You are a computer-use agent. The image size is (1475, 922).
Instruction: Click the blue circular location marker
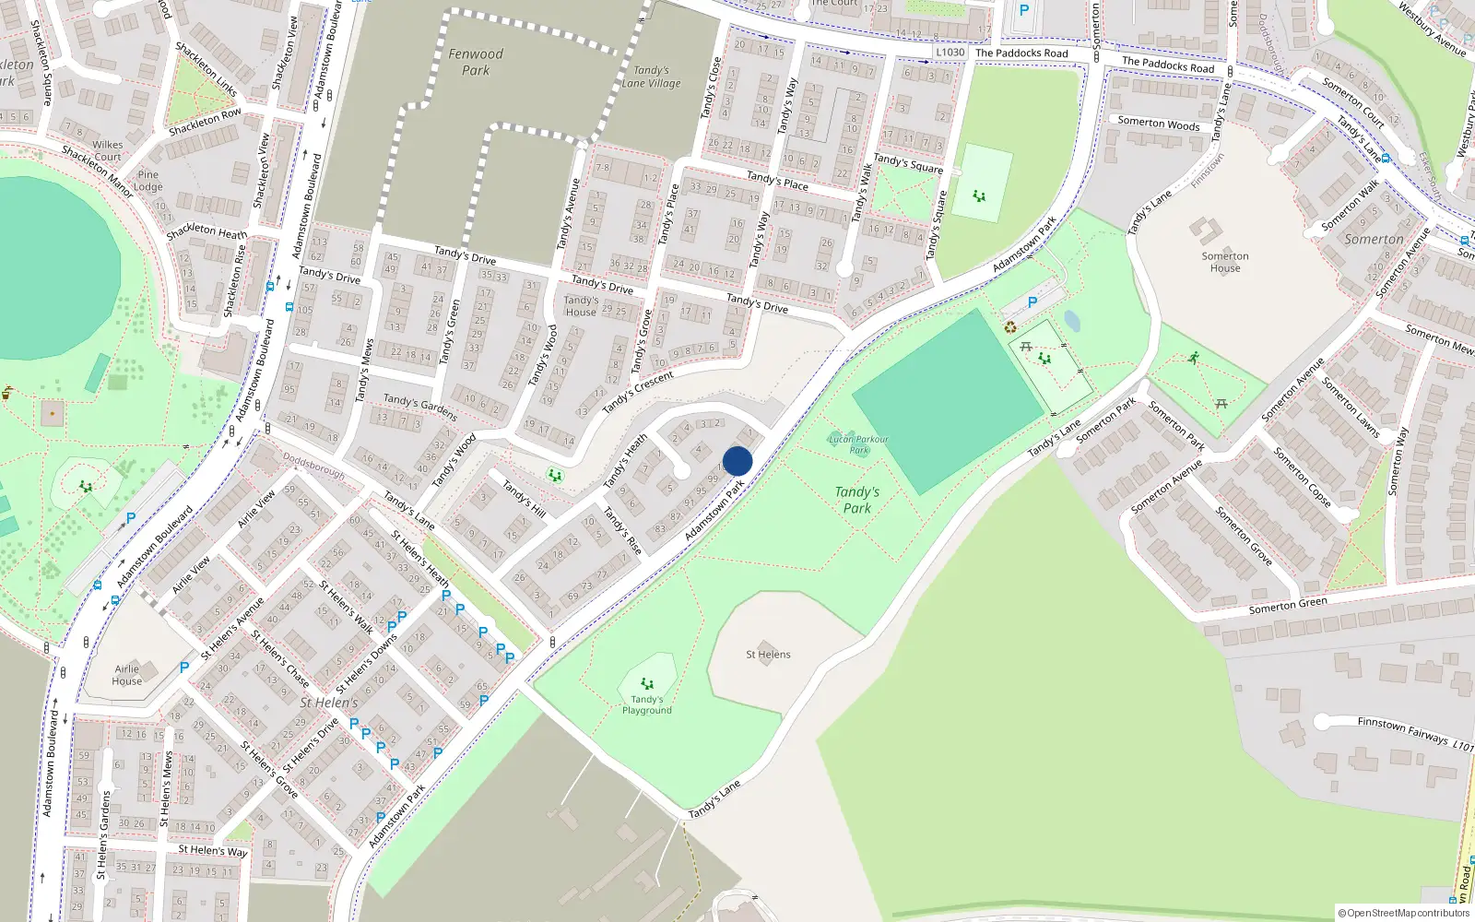tap(737, 461)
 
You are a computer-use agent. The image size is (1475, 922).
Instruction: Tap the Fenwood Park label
tap(476, 62)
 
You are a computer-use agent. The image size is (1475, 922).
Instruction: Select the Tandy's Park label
tap(856, 500)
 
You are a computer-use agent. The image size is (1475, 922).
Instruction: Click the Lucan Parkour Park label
tap(858, 444)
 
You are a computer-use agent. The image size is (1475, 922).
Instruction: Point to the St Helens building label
tap(768, 655)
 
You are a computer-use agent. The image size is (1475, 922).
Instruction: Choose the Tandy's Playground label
tap(646, 704)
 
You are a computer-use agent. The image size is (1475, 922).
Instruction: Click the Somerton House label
tap(1224, 262)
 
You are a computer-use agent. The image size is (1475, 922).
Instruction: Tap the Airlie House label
tap(127, 675)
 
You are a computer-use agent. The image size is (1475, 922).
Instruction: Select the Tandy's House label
tap(581, 305)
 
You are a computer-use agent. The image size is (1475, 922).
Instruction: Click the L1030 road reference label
tap(950, 53)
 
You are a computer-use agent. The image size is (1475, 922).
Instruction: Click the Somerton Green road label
tap(1288, 605)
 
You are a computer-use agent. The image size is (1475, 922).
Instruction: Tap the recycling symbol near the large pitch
tap(1010, 326)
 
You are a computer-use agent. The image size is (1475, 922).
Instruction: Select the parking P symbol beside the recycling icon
tap(1032, 302)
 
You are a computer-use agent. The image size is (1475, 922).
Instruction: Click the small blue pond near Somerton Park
tap(1071, 320)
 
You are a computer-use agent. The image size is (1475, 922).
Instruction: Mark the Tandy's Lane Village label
tap(651, 77)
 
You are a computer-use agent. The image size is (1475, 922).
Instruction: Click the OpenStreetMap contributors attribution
tap(1403, 913)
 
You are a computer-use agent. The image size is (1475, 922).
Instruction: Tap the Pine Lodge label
tap(147, 180)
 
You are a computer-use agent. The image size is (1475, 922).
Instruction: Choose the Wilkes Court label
tap(107, 150)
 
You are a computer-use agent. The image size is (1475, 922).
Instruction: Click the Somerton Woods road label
tap(1158, 124)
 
